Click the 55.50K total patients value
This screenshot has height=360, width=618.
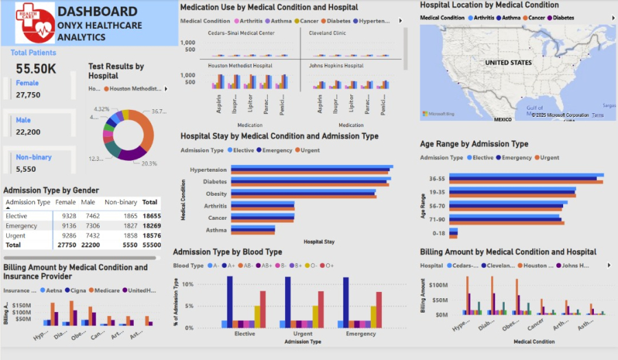point(36,68)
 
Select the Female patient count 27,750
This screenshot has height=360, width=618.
point(28,95)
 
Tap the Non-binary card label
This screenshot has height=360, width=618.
point(34,157)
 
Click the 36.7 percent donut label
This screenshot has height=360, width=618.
point(159,111)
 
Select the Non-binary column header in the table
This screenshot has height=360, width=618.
point(121,203)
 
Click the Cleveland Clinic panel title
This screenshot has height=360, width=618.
point(328,33)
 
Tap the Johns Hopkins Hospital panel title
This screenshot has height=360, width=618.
point(336,66)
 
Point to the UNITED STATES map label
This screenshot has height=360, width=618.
point(508,63)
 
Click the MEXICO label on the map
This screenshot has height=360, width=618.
point(503,120)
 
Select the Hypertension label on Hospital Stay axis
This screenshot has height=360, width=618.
point(207,170)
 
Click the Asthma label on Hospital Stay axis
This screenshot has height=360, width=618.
point(217,230)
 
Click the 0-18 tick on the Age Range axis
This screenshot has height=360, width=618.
point(438,234)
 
